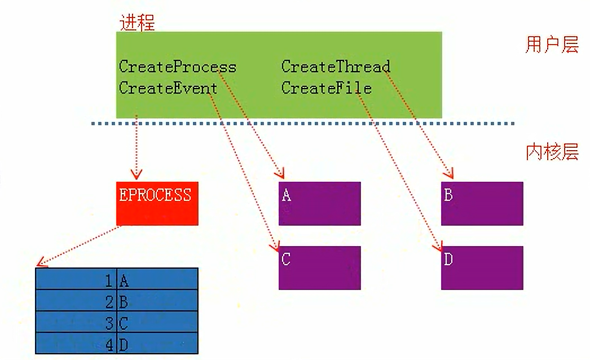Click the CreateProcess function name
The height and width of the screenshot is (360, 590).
point(177,67)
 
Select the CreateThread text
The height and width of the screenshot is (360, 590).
point(336,67)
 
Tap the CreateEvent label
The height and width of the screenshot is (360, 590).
point(168,88)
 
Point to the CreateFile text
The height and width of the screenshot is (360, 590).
point(327,88)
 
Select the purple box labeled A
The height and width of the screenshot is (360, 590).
point(319,203)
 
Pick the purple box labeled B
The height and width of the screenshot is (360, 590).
point(482,203)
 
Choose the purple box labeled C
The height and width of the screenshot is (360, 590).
point(319,267)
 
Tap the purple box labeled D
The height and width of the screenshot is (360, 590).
point(482,267)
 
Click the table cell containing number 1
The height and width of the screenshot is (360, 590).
point(76,279)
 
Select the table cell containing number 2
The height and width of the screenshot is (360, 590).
point(76,301)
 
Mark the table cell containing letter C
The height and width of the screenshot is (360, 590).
point(157,322)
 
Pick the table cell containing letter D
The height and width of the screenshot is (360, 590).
point(157,344)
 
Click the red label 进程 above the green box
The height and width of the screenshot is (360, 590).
point(137,22)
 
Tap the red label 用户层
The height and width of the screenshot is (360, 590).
point(552,45)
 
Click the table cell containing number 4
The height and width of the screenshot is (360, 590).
point(76,344)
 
